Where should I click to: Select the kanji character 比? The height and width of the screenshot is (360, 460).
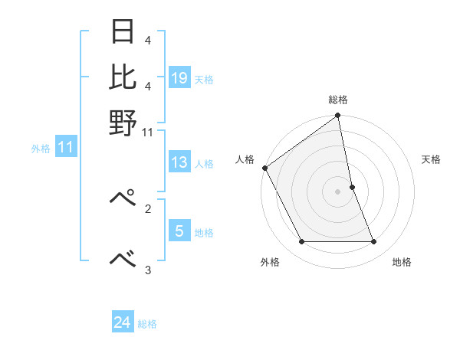click(x=122, y=77)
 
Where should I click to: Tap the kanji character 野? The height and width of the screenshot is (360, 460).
click(x=122, y=123)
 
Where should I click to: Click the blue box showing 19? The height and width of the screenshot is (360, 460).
click(x=179, y=77)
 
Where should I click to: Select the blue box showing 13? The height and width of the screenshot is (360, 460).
click(x=179, y=162)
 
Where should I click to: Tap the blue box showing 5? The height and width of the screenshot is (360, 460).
click(x=179, y=231)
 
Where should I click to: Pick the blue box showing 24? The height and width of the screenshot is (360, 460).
click(x=123, y=322)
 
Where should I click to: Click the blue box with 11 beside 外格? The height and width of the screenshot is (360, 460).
click(x=65, y=148)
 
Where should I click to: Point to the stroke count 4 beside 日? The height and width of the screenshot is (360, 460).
click(x=147, y=40)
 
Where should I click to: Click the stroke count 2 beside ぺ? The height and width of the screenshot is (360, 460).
click(x=147, y=208)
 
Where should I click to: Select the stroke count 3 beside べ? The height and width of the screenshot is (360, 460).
click(x=147, y=270)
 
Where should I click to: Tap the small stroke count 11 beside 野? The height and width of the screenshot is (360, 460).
click(x=148, y=133)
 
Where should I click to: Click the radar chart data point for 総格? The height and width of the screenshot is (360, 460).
click(x=338, y=116)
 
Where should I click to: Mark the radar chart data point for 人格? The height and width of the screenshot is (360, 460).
click(x=265, y=168)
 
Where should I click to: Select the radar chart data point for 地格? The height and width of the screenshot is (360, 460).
click(x=374, y=242)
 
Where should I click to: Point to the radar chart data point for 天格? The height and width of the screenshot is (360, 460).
click(x=352, y=187)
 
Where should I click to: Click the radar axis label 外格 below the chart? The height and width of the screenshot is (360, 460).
click(x=270, y=263)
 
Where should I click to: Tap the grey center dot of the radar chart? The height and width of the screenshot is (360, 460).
click(x=338, y=191)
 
